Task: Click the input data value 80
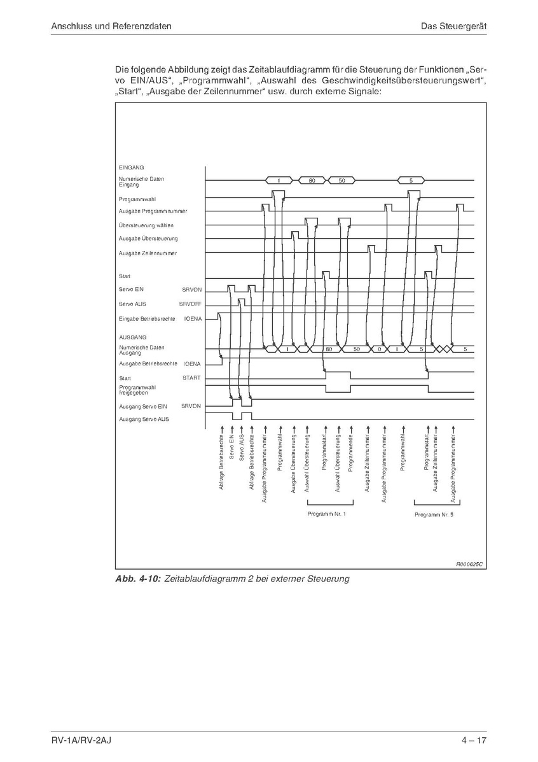pos(312,181)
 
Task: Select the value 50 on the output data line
pos(357,349)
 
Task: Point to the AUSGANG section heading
pos(133,337)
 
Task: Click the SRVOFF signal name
pos(190,304)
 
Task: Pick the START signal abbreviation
pos(191,378)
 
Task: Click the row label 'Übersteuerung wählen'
pos(146,225)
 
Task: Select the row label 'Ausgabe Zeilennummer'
pos(148,253)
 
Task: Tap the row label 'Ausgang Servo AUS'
pos(144,419)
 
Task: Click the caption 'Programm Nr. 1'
pos(326,513)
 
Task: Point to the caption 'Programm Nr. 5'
pos(434,514)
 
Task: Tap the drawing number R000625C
pos(469,564)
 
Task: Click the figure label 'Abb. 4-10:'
pos(137,579)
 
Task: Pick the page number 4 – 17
pos(474,740)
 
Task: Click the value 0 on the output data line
pos(379,349)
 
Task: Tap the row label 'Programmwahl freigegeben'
pos(137,390)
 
